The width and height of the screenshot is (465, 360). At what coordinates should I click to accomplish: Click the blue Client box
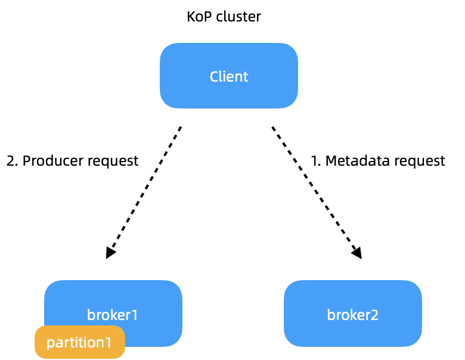click(228, 76)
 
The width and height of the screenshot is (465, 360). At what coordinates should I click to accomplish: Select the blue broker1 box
click(113, 304)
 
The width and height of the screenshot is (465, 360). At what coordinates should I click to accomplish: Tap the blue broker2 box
click(352, 314)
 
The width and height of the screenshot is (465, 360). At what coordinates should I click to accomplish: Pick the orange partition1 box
click(79, 342)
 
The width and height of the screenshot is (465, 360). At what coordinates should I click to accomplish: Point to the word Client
click(228, 76)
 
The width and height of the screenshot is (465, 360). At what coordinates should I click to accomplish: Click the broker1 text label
click(112, 315)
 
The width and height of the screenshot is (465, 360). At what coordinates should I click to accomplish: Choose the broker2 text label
click(352, 315)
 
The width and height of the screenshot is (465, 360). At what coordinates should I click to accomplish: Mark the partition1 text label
click(79, 343)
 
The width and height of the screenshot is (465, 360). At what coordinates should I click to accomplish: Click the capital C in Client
click(214, 76)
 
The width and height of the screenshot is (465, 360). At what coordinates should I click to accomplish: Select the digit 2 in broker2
click(374, 315)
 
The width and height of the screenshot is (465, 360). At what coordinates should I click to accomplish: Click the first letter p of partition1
click(50, 344)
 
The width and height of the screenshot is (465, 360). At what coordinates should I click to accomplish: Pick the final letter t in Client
click(246, 76)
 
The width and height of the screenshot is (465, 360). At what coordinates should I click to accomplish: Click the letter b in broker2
click(330, 315)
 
